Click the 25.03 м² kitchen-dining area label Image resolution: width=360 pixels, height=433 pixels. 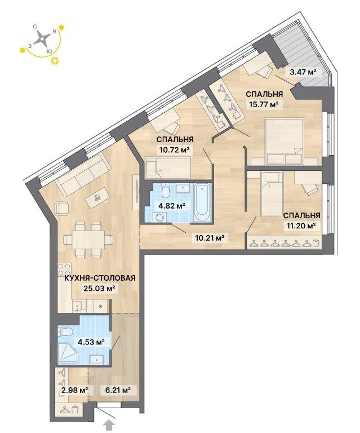tap(99, 289)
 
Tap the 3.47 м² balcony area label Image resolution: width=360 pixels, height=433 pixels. tap(303, 72)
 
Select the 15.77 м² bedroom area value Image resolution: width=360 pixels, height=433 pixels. tap(264, 104)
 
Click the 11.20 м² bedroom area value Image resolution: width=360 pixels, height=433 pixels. tap(300, 226)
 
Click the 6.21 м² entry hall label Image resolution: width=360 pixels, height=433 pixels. tap(118, 390)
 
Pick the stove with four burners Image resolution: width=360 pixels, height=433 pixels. tap(65, 270)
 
